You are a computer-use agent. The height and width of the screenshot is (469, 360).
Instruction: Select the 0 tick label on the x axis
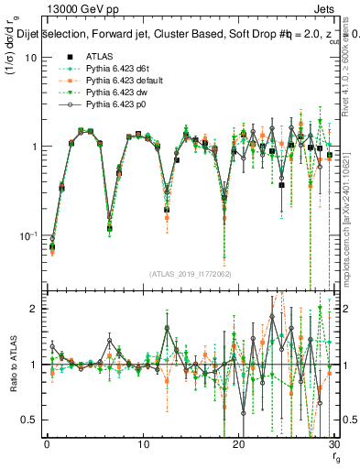pyautogui.click(x=47, y=445)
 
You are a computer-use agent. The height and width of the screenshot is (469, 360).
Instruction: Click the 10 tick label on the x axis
pyautogui.click(x=143, y=445)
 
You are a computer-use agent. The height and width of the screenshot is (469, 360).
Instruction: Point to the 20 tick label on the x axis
pyautogui.click(x=238, y=445)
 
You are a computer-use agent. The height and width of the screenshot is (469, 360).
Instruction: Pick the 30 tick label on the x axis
pyautogui.click(x=333, y=445)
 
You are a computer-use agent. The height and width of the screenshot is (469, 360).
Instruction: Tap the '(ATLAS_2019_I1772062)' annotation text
pyautogui.click(x=189, y=273)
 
